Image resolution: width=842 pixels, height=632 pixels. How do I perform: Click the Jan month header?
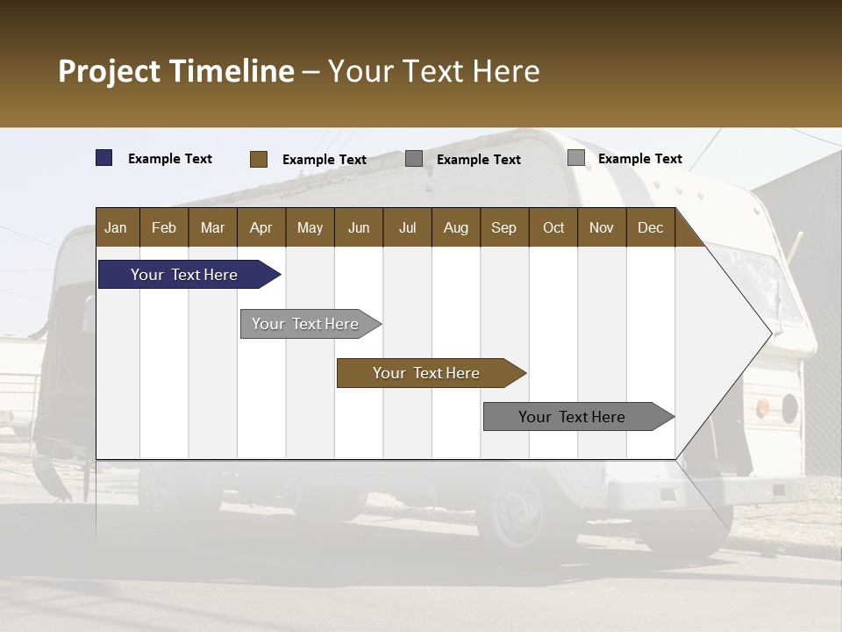(x=116, y=227)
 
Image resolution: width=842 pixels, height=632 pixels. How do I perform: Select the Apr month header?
(x=260, y=227)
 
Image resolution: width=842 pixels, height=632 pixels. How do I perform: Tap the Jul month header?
(x=407, y=227)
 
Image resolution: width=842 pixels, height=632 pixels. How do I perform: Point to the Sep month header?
(x=503, y=227)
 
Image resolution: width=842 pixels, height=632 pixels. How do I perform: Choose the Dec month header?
(x=650, y=227)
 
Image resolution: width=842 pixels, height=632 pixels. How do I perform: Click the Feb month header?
(x=164, y=227)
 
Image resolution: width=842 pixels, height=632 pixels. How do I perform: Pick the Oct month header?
(x=553, y=227)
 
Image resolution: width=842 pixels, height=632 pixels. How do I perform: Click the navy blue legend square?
(x=104, y=158)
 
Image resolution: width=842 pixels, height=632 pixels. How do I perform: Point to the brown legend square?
(x=259, y=159)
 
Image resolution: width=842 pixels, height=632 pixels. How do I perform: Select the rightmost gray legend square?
(x=576, y=158)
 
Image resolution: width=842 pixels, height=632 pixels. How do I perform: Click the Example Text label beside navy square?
(x=170, y=159)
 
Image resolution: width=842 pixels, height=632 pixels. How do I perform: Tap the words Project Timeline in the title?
(x=176, y=71)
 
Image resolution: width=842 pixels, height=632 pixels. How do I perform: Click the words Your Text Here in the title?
(x=434, y=71)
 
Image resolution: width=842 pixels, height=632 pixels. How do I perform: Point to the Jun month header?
(x=359, y=227)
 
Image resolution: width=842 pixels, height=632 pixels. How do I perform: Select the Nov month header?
(x=602, y=227)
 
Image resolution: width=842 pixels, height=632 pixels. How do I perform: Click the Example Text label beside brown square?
(x=325, y=160)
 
